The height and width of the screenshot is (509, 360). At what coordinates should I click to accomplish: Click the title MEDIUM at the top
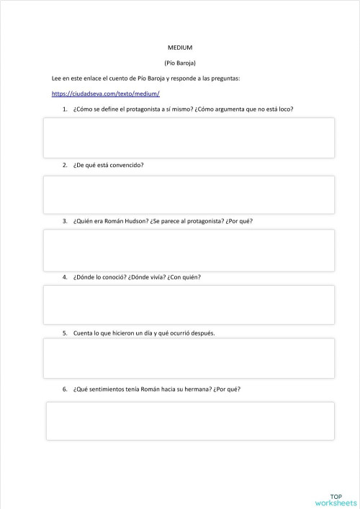(180, 48)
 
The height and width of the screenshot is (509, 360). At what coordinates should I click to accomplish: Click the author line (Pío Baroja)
(180, 63)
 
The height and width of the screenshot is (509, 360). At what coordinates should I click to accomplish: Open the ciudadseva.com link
(106, 94)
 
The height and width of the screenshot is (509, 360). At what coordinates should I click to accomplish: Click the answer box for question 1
(189, 138)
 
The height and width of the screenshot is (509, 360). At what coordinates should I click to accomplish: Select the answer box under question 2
(189, 194)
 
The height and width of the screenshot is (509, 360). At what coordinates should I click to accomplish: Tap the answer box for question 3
(189, 250)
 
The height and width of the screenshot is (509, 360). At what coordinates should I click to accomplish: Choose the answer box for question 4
(189, 305)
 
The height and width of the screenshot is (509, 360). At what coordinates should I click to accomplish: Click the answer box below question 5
(189, 359)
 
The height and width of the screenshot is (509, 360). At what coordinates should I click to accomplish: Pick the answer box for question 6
(190, 420)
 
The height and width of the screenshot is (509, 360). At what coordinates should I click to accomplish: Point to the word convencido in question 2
(127, 165)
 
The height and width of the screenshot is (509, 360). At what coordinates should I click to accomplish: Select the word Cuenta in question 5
(82, 333)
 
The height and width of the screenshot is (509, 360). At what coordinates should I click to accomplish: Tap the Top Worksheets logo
(336, 500)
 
